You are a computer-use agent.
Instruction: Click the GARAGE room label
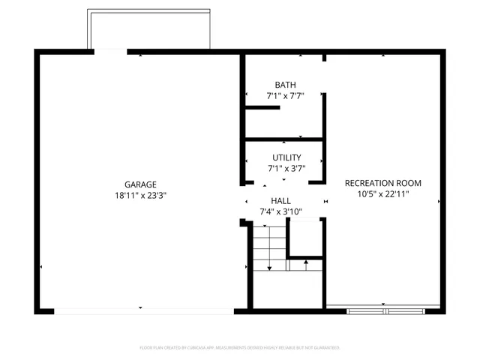click(x=140, y=184)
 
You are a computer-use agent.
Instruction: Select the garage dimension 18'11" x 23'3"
click(x=140, y=196)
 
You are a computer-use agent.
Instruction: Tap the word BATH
click(x=285, y=85)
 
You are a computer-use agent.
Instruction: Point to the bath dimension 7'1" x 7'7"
click(x=285, y=96)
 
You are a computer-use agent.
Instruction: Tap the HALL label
click(x=280, y=200)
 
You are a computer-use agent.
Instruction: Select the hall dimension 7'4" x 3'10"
click(x=280, y=211)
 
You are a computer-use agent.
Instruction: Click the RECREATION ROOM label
click(x=382, y=183)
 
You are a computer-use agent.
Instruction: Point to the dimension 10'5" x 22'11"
click(x=382, y=194)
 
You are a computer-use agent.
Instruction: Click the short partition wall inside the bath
click(x=262, y=108)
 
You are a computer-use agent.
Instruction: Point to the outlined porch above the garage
click(x=148, y=30)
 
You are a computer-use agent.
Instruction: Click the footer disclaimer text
click(x=240, y=348)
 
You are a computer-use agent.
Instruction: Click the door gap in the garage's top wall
click(x=110, y=51)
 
